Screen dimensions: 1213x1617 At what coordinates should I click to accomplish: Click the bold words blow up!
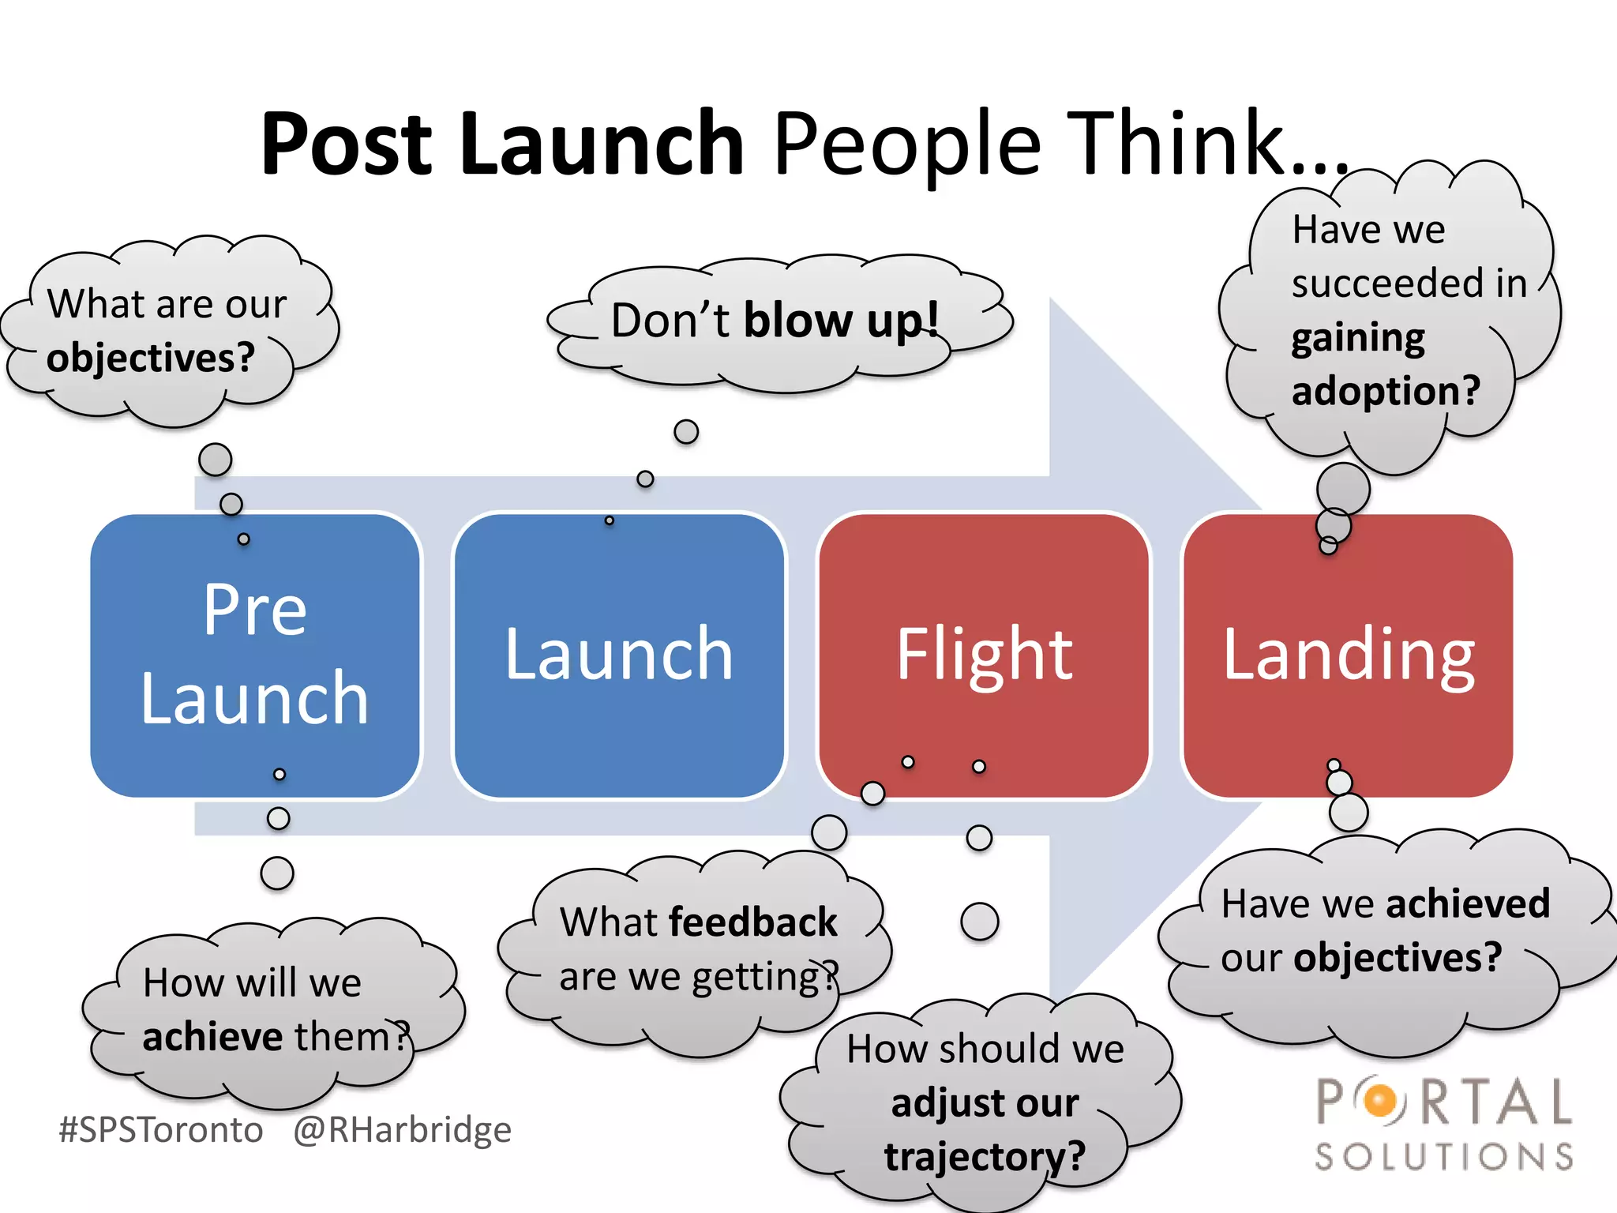(841, 321)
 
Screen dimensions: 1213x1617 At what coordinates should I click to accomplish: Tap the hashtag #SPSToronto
(161, 1129)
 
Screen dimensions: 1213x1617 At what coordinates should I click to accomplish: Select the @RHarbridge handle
(402, 1129)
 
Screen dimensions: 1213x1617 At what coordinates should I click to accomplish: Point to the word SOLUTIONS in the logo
(1443, 1157)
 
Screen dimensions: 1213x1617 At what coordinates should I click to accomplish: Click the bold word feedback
(752, 922)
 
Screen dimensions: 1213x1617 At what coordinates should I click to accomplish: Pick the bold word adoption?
(1386, 391)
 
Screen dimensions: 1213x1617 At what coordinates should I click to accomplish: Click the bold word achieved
(1468, 903)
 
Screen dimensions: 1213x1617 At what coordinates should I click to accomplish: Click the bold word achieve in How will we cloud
(212, 1037)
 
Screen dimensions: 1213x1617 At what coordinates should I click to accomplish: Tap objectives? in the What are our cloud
(150, 358)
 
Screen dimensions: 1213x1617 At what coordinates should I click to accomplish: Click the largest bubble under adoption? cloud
(1342, 489)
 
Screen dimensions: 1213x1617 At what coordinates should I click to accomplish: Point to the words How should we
(985, 1050)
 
